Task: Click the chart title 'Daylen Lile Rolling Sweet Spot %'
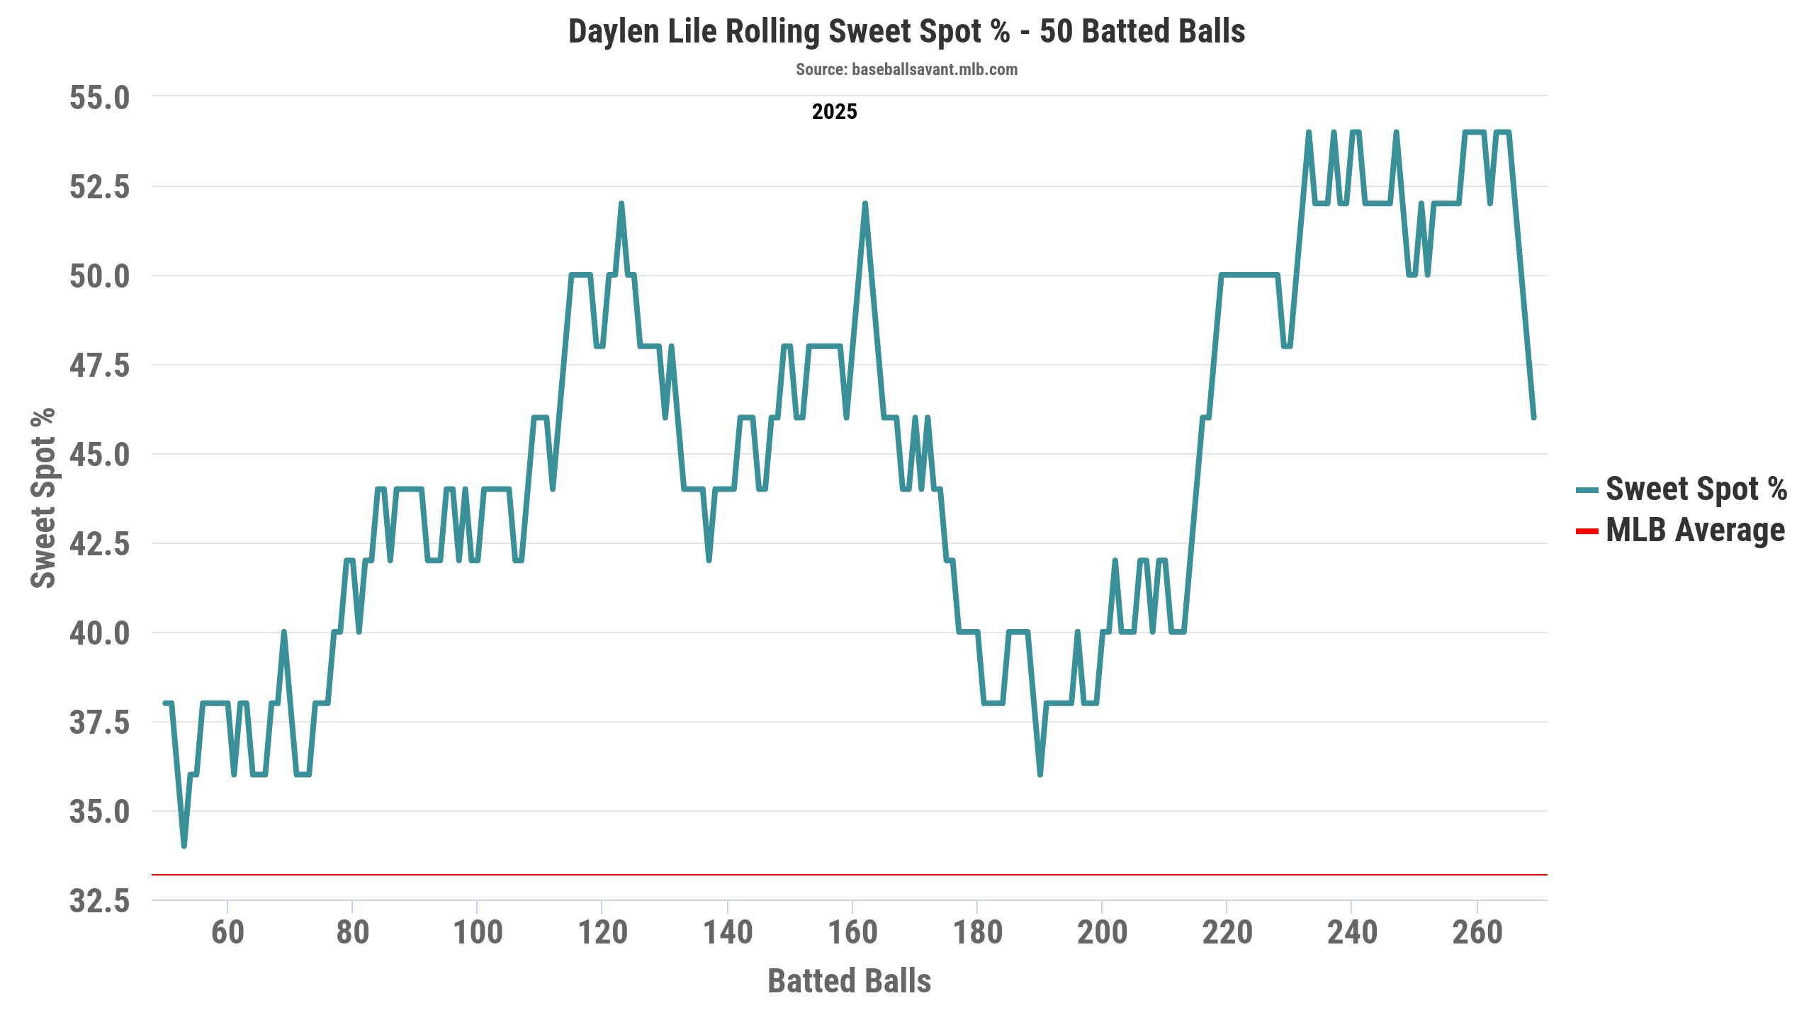point(906,32)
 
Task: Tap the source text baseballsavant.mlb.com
point(906,69)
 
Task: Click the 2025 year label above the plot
point(834,112)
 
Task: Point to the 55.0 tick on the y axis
point(100,98)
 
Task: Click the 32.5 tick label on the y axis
point(100,901)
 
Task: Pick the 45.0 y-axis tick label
point(100,455)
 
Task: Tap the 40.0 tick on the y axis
point(100,633)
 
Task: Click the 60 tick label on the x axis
point(227,932)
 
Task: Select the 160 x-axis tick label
point(852,932)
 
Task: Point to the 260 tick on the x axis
point(1477,932)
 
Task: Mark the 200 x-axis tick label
point(1102,932)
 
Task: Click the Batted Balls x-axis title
point(849,981)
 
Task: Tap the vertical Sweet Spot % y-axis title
point(43,498)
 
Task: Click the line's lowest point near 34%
point(184,846)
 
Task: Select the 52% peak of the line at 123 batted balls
point(621,204)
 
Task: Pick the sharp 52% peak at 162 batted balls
point(865,204)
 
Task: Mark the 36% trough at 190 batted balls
point(1040,774)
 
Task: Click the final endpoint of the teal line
point(1533,418)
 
